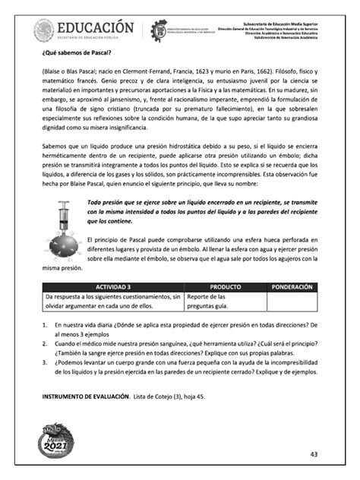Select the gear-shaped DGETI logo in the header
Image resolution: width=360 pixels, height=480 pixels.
(x=160, y=31)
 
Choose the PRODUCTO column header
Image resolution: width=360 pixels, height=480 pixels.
(x=225, y=287)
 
